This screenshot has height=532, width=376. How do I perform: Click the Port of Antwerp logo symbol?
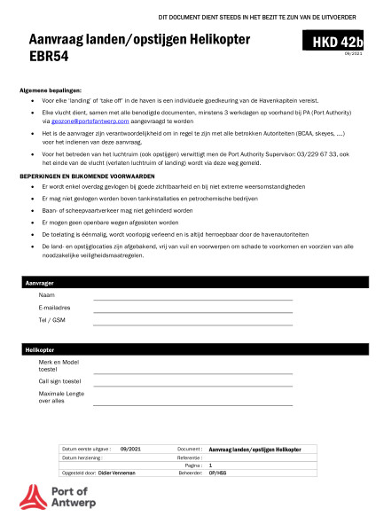click(x=32, y=497)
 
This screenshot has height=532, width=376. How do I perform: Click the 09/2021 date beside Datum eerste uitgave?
click(x=130, y=450)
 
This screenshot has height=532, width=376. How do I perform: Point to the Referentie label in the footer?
click(x=190, y=458)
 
